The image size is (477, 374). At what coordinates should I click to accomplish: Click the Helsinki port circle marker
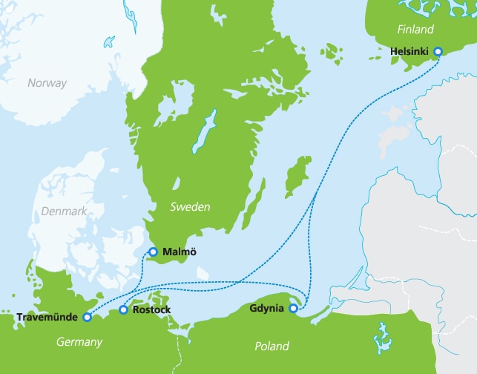[438, 52]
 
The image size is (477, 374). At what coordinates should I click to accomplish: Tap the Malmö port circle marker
[154, 252]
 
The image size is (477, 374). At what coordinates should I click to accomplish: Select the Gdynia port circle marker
[294, 309]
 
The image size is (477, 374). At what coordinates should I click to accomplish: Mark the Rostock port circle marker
[123, 309]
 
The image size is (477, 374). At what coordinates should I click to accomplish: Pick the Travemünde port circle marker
[88, 317]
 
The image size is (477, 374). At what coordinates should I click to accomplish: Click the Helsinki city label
[410, 52]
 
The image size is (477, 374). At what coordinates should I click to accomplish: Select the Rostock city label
[151, 309]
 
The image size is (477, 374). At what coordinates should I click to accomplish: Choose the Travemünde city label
[47, 318]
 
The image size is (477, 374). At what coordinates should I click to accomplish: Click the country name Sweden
[190, 206]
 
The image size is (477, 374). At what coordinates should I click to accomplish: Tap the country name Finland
[415, 30]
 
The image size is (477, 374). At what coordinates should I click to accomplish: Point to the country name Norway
[47, 83]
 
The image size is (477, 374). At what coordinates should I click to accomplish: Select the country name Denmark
[66, 211]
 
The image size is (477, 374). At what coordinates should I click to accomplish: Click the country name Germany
[79, 342]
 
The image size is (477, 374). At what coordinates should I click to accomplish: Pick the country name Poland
[272, 347]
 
